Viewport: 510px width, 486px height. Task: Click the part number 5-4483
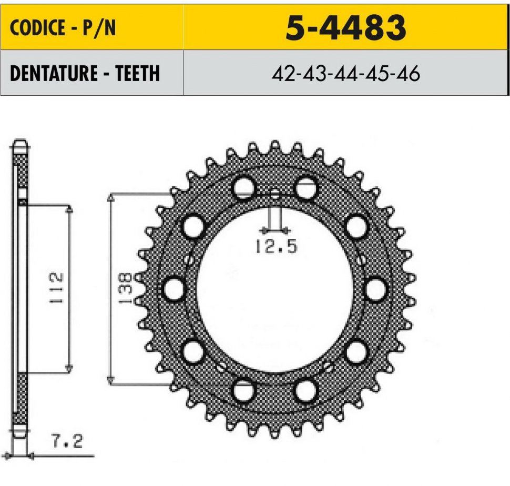point(346,28)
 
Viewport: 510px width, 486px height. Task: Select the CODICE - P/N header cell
point(92,27)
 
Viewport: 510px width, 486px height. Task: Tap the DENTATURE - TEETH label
point(85,73)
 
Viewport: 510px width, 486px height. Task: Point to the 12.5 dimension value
point(276,246)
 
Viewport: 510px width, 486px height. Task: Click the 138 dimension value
point(125,288)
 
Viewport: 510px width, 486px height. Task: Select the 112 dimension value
point(56,288)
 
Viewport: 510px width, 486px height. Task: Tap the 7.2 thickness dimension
point(67,441)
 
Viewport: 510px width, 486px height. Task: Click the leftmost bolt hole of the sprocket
point(174,289)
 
